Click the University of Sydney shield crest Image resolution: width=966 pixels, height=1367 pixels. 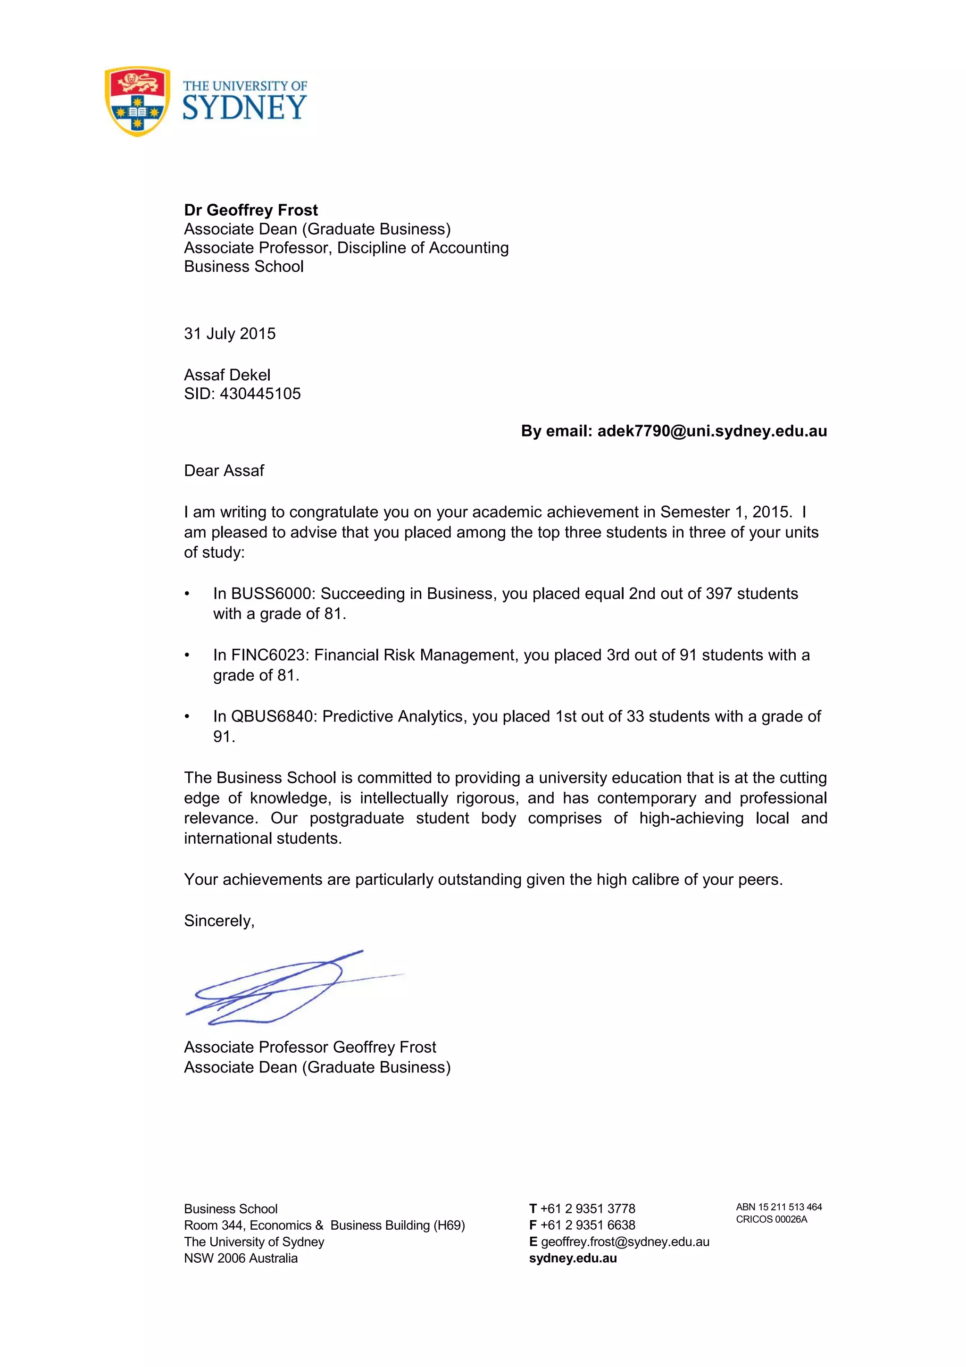[137, 101]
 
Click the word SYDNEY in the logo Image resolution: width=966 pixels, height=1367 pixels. [245, 108]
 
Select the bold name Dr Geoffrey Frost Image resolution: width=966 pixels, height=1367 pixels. [250, 210]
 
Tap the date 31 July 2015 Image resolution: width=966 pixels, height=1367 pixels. [230, 334]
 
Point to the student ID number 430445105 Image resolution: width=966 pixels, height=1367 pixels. [260, 394]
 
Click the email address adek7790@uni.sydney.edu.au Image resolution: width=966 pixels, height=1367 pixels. [712, 431]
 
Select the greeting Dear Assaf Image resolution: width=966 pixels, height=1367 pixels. [224, 471]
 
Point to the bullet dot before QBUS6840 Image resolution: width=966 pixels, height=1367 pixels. [187, 716]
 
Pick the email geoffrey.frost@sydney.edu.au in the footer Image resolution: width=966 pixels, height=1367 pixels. [625, 1242]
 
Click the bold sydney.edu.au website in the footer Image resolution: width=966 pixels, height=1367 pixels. [573, 1258]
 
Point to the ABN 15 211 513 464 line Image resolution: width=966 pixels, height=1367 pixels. [779, 1207]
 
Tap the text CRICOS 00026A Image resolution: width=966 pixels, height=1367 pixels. [771, 1219]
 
